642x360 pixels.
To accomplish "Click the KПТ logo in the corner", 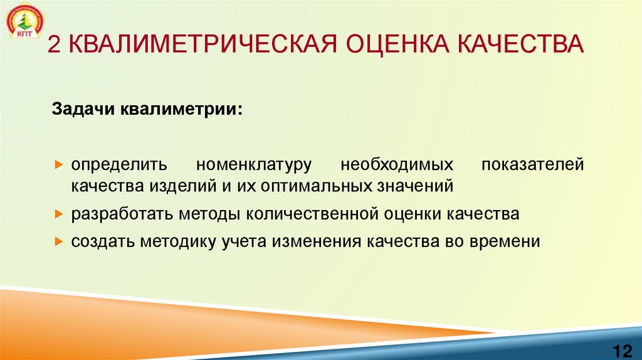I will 23,23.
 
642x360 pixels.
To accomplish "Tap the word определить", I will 118,166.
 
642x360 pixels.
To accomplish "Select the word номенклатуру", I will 254,166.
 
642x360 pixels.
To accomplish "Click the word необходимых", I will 397,166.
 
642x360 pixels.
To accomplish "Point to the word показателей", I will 532,166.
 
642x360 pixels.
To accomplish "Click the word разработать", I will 122,214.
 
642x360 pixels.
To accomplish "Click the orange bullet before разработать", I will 58,214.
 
